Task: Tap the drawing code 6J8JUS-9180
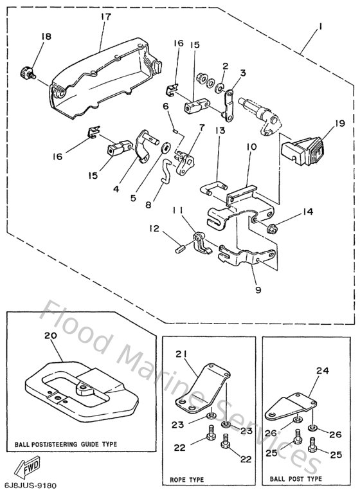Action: [28, 484]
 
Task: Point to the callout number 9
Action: [257, 289]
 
